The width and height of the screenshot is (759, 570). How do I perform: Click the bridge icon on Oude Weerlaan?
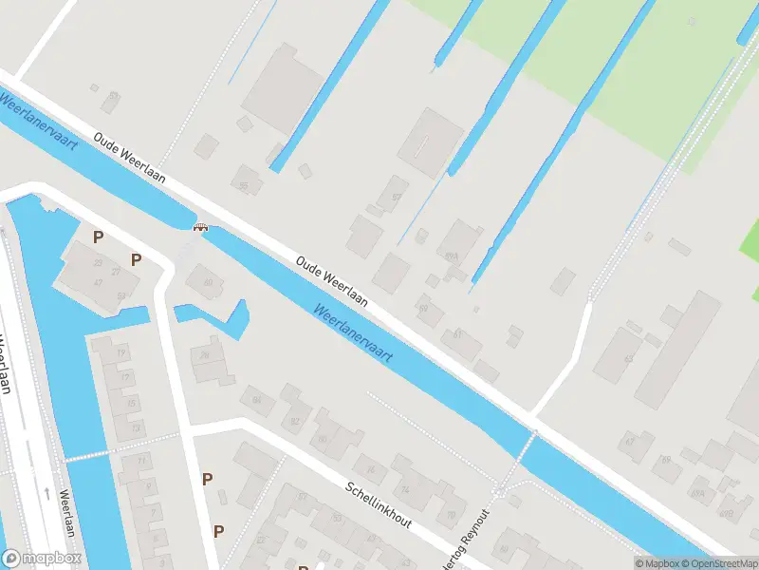click(201, 226)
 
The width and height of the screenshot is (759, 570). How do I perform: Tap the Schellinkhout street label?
click(379, 504)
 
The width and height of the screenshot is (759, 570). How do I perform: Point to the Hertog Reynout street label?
click(475, 531)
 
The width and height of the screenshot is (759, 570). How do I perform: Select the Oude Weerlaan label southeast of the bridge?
click(331, 280)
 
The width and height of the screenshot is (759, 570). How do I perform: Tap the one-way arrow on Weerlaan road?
click(46, 493)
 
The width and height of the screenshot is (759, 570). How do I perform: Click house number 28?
click(204, 354)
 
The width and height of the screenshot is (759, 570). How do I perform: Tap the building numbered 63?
click(627, 358)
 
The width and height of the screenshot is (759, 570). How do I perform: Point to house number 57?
click(397, 198)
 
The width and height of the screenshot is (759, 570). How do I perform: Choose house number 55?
click(244, 185)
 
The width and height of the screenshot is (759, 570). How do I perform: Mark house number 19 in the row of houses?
click(121, 353)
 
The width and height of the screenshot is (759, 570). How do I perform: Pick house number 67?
click(628, 442)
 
